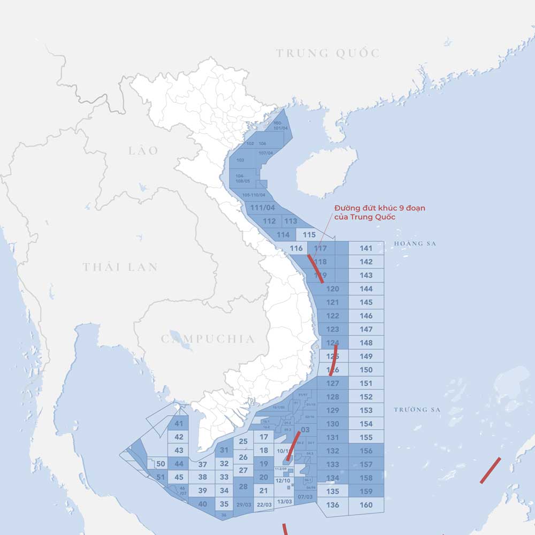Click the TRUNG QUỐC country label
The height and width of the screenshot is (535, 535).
tap(328, 53)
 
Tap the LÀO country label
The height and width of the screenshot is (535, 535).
tap(143, 150)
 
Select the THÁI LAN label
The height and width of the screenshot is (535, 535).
tap(120, 267)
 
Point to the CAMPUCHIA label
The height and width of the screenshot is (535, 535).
tap(208, 339)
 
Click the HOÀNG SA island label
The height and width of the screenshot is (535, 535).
tap(415, 244)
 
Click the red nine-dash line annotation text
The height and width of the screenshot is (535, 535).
tap(379, 212)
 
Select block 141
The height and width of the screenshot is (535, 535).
tap(366, 248)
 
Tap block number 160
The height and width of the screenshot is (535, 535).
tap(366, 505)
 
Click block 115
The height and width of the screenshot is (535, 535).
tap(309, 234)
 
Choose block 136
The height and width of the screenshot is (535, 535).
tap(332, 505)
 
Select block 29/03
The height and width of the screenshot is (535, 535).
tap(243, 505)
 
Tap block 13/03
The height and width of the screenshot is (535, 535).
tap(285, 501)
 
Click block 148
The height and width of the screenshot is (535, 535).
tap(366, 343)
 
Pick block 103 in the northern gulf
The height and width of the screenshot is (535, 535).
tap(240, 160)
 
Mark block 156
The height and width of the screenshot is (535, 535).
tap(366, 451)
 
